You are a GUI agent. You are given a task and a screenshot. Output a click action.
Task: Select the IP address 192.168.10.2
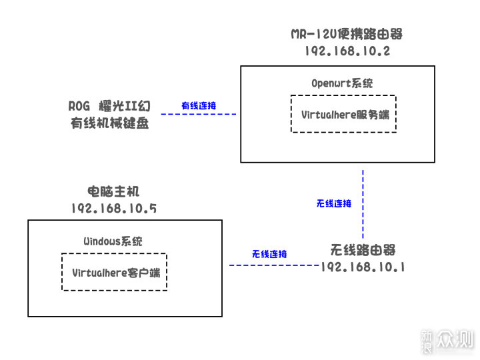tap(347, 51)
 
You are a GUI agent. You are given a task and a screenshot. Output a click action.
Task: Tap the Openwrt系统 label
tap(342, 83)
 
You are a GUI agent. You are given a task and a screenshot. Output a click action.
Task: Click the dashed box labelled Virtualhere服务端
tap(343, 114)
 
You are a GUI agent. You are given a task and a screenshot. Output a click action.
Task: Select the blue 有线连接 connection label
tap(199, 106)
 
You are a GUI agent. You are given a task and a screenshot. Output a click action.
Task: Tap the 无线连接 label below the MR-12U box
tap(333, 203)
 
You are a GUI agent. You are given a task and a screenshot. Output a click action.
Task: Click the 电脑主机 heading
tap(113, 192)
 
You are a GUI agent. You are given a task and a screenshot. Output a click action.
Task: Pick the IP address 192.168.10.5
tap(113, 208)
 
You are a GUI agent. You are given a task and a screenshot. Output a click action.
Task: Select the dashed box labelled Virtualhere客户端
tap(114, 272)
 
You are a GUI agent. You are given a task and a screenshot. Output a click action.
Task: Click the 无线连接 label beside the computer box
tap(269, 254)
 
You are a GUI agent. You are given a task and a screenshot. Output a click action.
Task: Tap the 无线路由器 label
tap(363, 250)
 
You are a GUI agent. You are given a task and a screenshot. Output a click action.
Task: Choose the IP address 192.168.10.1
tap(363, 266)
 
